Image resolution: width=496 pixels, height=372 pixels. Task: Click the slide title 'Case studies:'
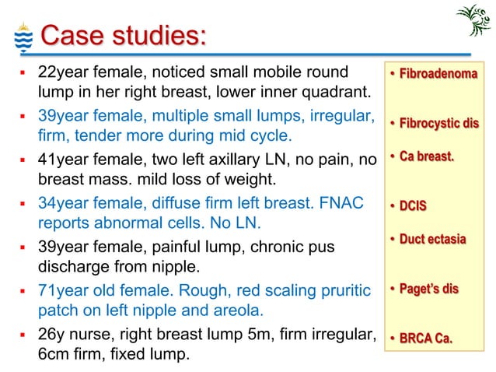(123, 36)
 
